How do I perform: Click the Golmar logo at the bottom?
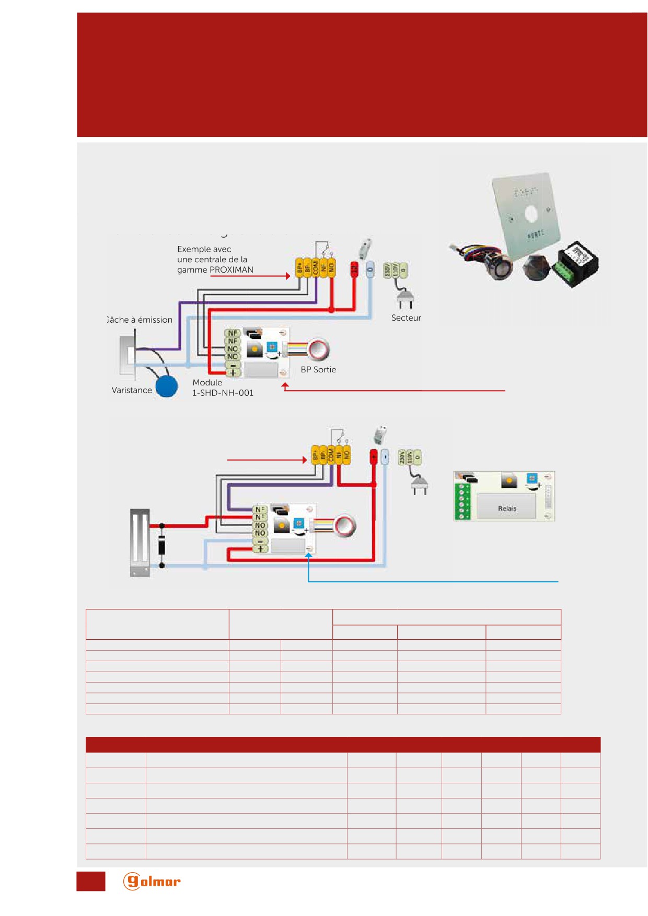click(152, 882)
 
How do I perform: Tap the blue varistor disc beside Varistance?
click(167, 386)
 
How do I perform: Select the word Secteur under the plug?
click(406, 318)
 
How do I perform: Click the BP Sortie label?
click(318, 369)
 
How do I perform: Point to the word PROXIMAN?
click(232, 269)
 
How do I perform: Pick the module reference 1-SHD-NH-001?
click(223, 393)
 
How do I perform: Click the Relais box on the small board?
click(507, 507)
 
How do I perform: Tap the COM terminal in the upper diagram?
click(316, 267)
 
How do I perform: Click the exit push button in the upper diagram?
click(318, 349)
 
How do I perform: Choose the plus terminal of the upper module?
click(233, 373)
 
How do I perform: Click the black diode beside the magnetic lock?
click(162, 546)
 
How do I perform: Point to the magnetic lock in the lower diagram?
click(140, 543)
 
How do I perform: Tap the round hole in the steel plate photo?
click(531, 214)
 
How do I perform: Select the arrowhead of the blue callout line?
click(308, 556)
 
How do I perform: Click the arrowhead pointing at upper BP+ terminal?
click(288, 276)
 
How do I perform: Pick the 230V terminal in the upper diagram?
click(387, 271)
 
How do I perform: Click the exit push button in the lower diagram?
click(345, 526)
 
